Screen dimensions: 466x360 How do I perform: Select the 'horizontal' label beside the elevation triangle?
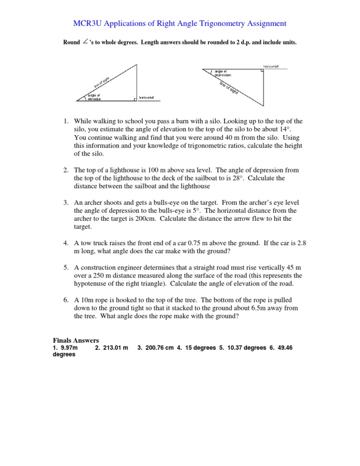(x=146, y=98)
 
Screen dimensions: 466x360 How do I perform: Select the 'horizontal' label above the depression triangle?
(x=271, y=66)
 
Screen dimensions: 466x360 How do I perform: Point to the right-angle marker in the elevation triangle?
(x=135, y=98)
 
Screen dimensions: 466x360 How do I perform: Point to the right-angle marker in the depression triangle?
(x=260, y=71)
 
